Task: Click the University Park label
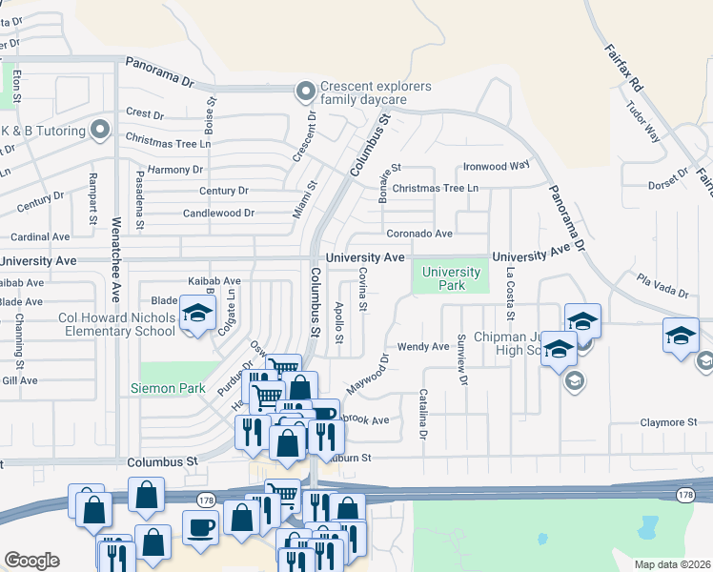tap(444, 278)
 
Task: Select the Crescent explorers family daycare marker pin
tap(305, 92)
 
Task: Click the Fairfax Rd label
tap(624, 66)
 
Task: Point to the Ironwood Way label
tap(496, 165)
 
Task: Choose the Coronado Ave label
tap(418, 234)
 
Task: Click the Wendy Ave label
tap(423, 347)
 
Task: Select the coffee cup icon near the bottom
tap(200, 527)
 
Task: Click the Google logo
tap(31, 561)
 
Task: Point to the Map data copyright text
tap(672, 564)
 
